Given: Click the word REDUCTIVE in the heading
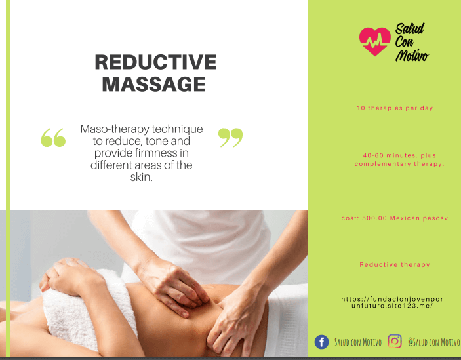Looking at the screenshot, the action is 155,62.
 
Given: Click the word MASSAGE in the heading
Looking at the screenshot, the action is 153,85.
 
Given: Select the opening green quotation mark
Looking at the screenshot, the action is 53,137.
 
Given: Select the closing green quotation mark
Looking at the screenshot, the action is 231,137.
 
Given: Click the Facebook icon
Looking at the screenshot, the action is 321,342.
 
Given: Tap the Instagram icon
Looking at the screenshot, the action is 395,342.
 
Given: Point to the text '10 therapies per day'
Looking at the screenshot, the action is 395,108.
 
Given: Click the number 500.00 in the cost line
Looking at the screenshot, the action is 374,218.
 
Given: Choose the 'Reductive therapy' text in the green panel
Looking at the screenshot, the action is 395,265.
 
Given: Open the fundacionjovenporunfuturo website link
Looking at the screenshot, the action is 392,302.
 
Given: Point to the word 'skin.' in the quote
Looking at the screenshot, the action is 142,177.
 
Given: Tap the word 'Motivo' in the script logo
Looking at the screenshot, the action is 412,54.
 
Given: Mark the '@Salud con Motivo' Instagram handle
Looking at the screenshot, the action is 433,342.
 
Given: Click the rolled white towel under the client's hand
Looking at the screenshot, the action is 89,311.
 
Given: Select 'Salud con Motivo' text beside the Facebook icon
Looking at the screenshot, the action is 358,342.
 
